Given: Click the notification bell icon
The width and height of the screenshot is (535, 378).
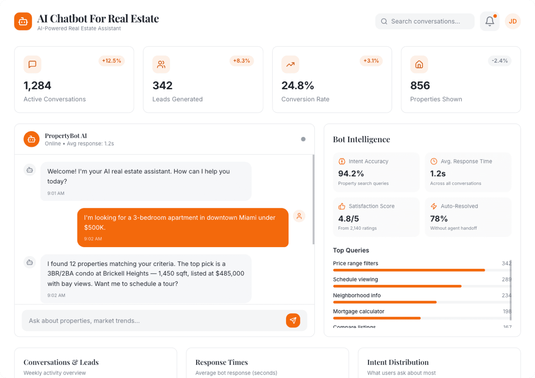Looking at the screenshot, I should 490,21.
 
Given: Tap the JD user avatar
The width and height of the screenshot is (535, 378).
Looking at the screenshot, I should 513,21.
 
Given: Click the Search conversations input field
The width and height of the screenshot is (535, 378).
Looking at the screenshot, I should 425,21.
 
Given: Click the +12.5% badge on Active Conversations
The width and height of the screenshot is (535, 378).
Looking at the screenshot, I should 112,61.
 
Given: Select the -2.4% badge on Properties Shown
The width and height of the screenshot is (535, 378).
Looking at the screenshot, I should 499,61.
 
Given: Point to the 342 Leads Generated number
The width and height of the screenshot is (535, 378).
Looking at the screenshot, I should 162,85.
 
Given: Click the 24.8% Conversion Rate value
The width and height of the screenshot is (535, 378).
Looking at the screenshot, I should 298,85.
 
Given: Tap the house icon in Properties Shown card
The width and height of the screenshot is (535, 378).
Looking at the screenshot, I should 419,64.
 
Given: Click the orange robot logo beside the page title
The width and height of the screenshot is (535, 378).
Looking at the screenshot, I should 23,21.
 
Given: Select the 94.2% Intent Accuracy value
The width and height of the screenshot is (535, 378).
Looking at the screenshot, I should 351,174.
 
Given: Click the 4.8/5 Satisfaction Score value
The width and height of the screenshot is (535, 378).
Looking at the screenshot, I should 348,219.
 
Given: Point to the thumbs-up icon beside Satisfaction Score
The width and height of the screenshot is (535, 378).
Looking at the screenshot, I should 342,206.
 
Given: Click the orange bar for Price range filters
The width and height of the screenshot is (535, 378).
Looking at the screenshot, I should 409,270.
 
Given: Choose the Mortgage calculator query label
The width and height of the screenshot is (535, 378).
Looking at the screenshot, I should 358,311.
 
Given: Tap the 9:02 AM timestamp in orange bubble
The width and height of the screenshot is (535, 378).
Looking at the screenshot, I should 93,239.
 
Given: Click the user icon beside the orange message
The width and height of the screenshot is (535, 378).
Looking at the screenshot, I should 299,216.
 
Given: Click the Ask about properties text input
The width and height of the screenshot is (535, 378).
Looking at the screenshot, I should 154,321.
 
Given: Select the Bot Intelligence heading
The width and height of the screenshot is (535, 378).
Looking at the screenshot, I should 361,139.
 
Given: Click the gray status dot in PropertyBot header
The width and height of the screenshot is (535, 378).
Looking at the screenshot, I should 303,139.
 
